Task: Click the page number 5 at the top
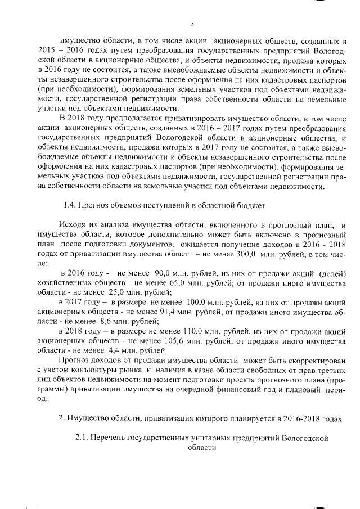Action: coord(192,23)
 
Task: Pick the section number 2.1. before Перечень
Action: coord(84,436)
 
